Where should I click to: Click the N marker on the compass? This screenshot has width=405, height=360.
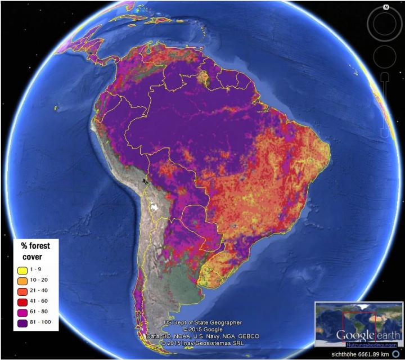385,7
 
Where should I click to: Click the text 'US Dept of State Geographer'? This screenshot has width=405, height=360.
203,323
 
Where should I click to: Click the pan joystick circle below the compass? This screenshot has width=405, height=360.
385,56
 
